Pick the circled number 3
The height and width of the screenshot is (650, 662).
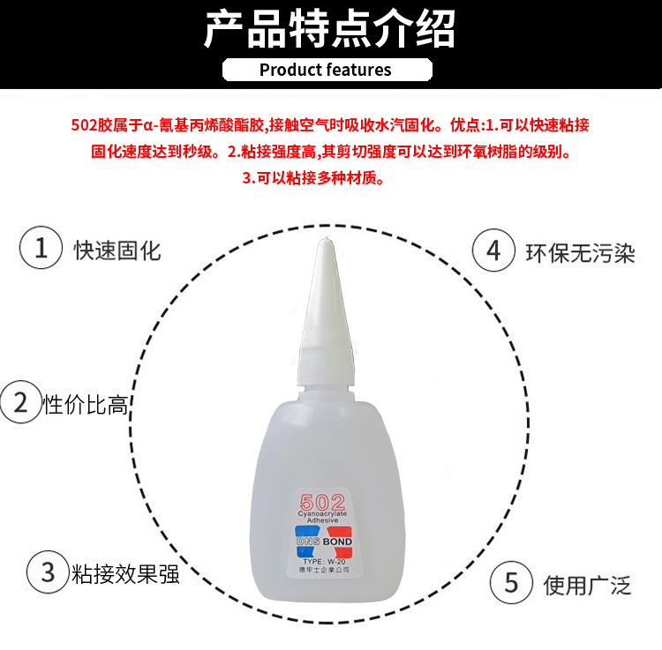click(47, 573)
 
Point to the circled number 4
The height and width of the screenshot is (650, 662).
click(493, 252)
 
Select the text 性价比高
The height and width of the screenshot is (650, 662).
click(86, 406)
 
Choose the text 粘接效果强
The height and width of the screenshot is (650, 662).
click(125, 575)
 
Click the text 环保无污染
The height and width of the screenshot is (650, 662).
click(581, 254)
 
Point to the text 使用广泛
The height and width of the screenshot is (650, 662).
click(588, 584)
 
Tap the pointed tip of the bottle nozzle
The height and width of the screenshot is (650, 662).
click(324, 242)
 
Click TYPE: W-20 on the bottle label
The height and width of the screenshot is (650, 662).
click(322, 560)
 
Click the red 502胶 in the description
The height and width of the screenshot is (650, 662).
click(88, 125)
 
